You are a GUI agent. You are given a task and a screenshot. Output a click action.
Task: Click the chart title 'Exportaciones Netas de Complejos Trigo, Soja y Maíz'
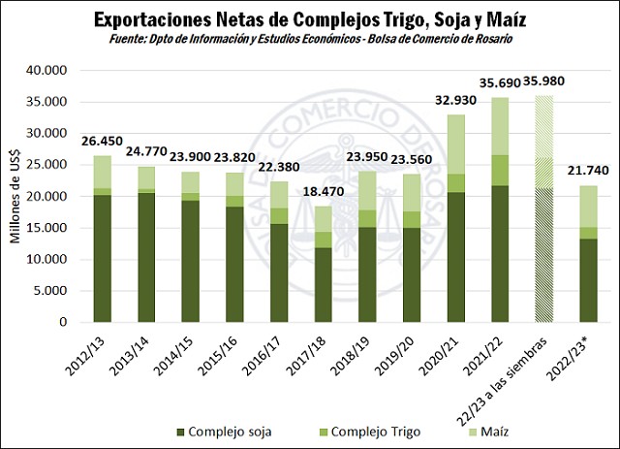[310, 19]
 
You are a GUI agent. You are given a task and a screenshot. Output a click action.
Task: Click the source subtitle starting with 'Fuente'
[310, 39]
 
